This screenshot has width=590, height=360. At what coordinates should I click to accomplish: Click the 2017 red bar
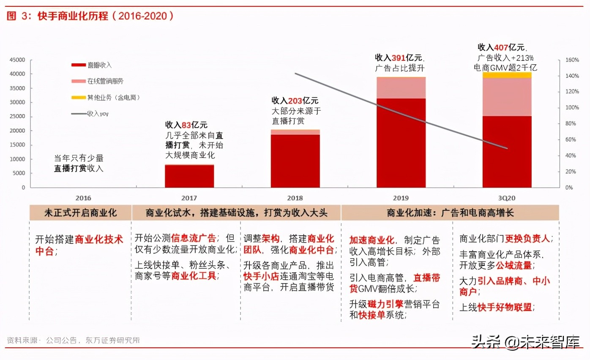point(189,176)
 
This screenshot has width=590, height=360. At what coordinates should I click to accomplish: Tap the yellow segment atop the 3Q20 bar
point(507,75)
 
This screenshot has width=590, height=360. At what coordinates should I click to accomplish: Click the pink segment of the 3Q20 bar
point(507,97)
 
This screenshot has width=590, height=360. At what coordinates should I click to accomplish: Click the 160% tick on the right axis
point(572,60)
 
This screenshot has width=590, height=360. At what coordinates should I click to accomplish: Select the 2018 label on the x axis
point(295,198)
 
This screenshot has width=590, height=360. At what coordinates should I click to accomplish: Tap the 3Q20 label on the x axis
point(507,198)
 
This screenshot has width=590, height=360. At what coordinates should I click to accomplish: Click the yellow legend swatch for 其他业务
point(79,98)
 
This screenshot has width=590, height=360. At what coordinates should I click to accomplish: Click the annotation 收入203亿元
point(295,101)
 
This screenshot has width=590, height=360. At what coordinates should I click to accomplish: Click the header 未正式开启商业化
point(80,213)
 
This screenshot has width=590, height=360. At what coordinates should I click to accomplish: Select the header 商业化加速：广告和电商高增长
point(450,213)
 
